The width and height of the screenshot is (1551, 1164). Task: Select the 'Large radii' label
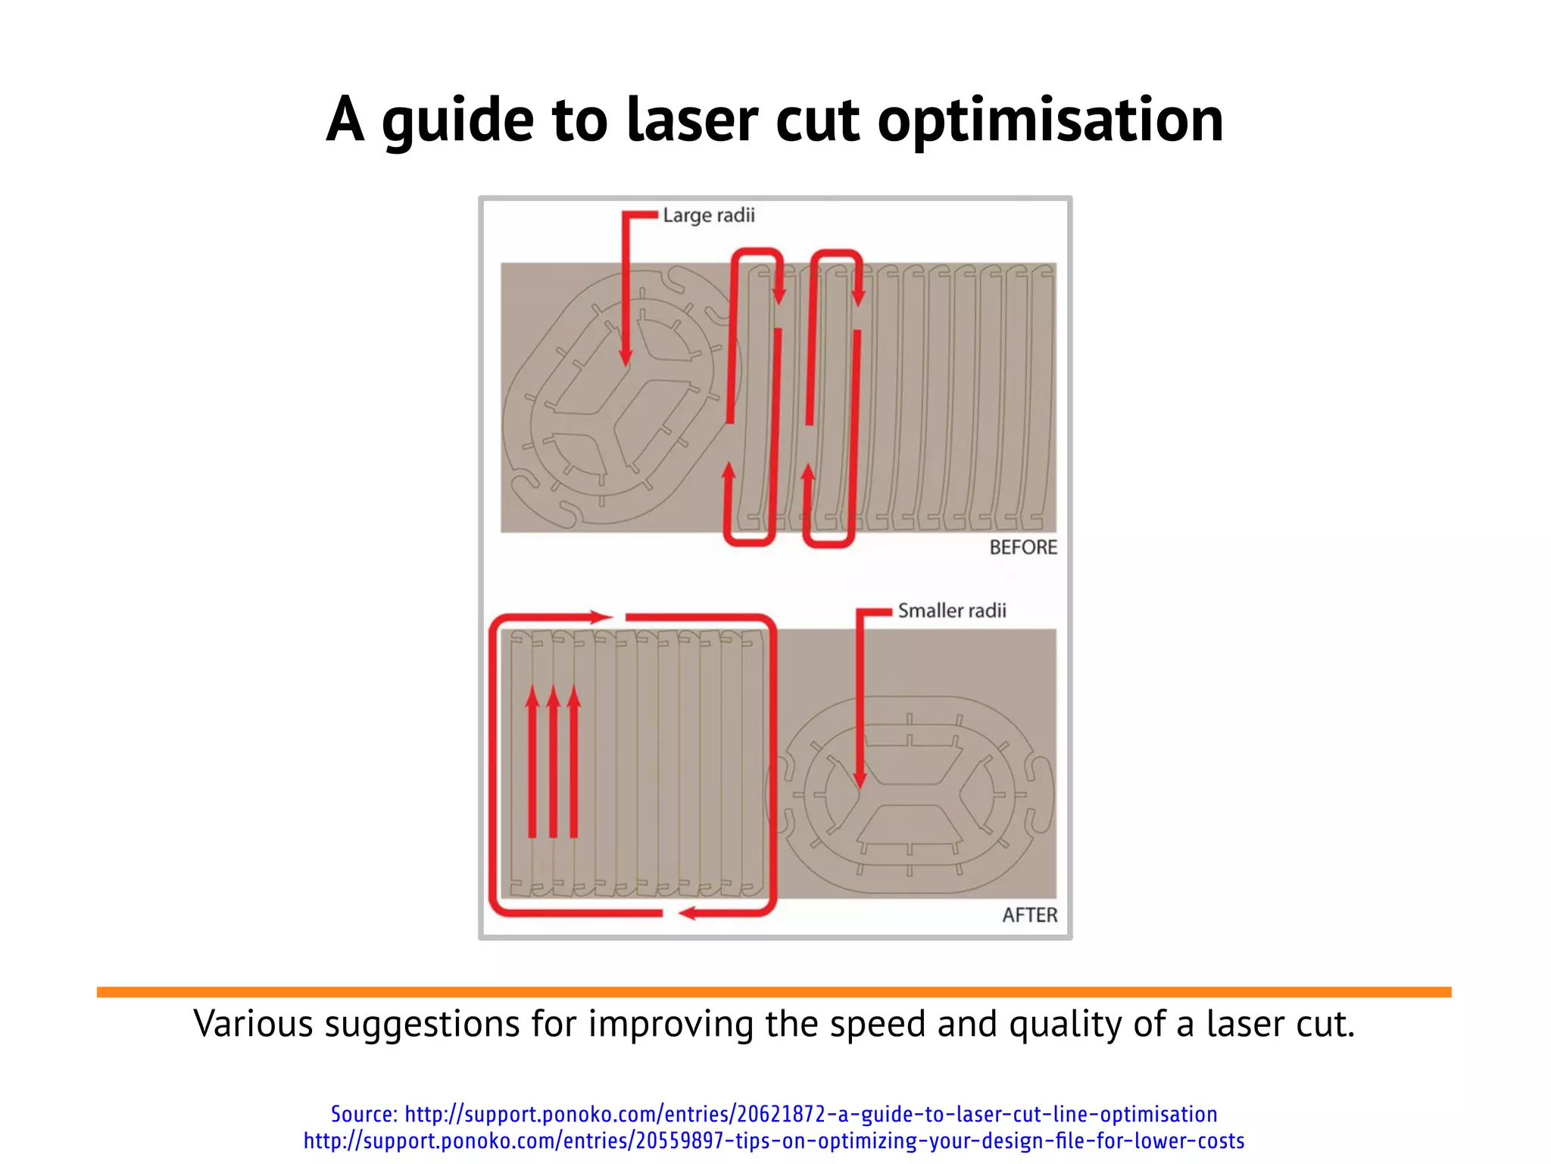tap(709, 216)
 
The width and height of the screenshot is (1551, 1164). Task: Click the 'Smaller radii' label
tap(952, 611)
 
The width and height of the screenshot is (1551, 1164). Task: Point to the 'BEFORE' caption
tap(1023, 547)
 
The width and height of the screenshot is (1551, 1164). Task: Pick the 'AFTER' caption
tap(1029, 915)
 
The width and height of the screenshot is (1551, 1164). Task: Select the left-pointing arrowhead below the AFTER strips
tap(688, 914)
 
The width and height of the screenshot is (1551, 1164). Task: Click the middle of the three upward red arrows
tap(553, 697)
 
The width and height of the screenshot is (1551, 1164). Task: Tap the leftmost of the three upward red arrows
tap(532, 697)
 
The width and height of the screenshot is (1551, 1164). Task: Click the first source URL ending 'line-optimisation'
tap(811, 1114)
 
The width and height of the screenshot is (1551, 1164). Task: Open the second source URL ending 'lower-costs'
tap(774, 1141)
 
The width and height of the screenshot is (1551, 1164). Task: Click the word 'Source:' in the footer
tap(364, 1114)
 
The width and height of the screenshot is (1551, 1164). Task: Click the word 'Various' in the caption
tap(253, 1025)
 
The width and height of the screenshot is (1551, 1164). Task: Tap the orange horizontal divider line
tap(774, 992)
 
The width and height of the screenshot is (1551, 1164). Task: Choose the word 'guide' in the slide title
tap(457, 121)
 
